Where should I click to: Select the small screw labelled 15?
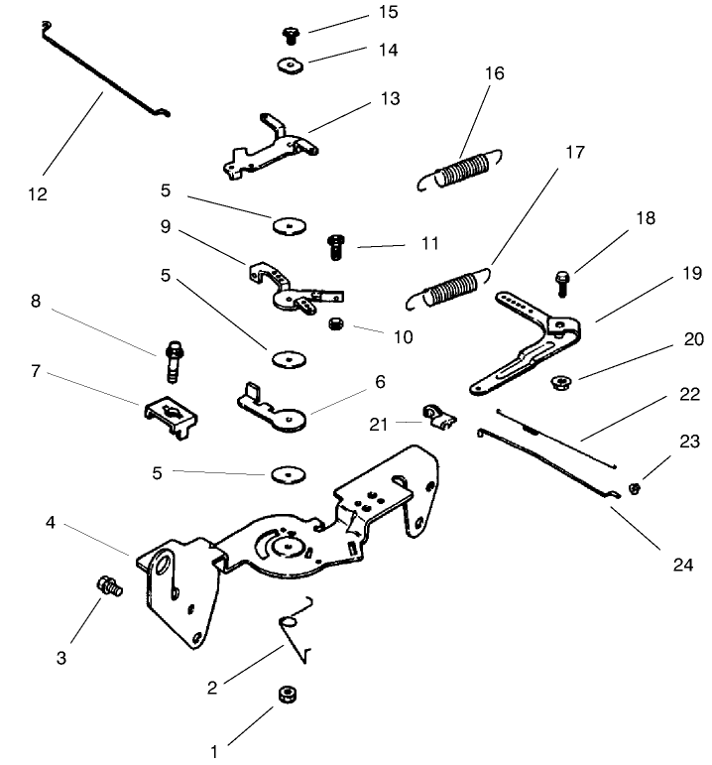[x=291, y=35]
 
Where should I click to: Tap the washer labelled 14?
[x=290, y=66]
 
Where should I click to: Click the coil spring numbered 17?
[x=451, y=287]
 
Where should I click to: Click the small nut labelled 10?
[x=334, y=324]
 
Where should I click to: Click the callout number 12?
[x=37, y=193]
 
